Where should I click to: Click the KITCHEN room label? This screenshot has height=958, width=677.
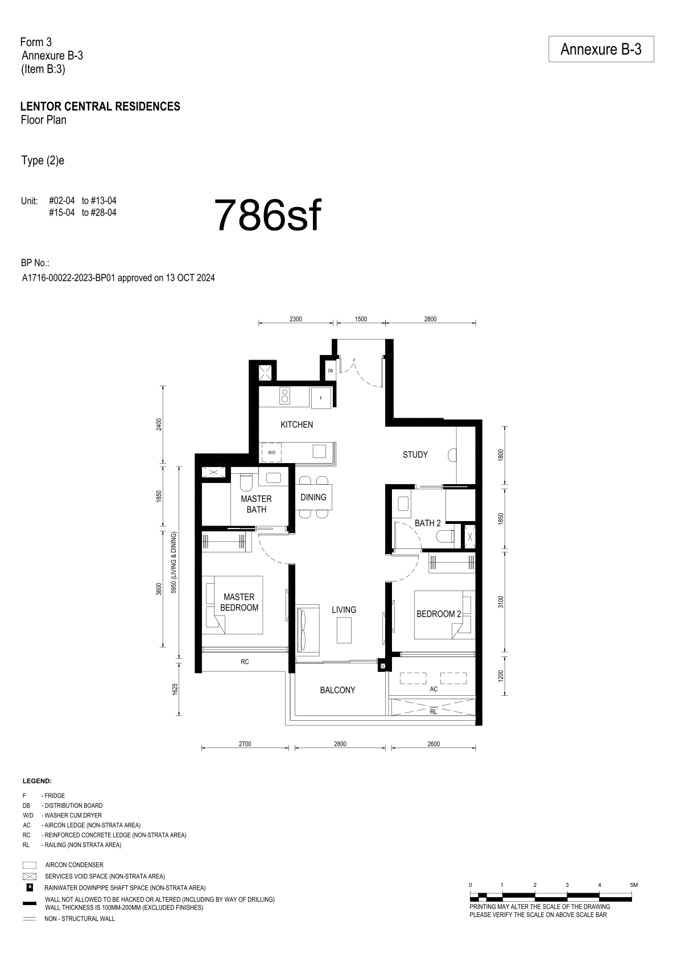296,425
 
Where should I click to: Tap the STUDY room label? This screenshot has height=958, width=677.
415,455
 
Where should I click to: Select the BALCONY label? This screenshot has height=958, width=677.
337,690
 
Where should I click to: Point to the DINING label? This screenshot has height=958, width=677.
313,497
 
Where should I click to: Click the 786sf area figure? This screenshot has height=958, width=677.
267,215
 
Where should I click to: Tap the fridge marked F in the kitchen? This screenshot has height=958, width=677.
321,398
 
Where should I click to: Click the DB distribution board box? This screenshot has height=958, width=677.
330,370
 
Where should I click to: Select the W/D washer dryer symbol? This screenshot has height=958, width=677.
271,452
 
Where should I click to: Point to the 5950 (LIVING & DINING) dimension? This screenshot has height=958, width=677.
174,563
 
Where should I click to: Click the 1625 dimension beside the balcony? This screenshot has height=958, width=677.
175,689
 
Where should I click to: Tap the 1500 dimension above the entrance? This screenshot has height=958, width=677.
361,319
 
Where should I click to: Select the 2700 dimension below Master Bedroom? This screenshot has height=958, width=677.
245,744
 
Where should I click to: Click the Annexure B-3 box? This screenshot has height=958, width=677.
601,49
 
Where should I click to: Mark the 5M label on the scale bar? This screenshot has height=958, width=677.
633,885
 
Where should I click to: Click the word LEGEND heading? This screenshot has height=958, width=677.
37,781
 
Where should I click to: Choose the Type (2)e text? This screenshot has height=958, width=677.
43,160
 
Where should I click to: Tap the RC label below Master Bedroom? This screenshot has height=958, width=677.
245,662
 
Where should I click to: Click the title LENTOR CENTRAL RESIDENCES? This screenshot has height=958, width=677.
101,106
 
